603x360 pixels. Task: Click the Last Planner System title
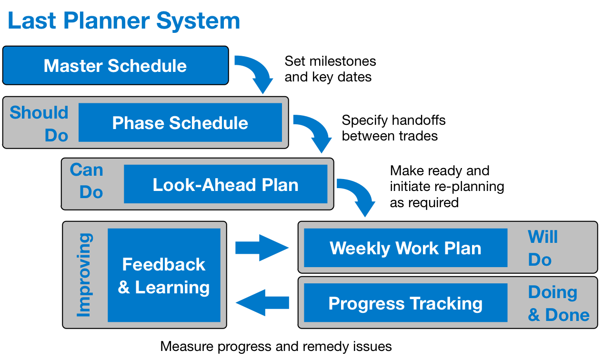click(x=124, y=21)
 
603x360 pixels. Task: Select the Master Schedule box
click(x=115, y=65)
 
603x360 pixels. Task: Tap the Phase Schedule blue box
click(x=180, y=123)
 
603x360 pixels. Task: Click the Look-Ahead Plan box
click(x=225, y=184)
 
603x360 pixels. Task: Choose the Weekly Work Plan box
click(x=405, y=248)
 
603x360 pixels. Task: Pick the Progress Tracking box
click(x=405, y=303)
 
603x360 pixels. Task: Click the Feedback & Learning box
click(x=164, y=275)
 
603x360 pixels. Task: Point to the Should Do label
click(x=40, y=124)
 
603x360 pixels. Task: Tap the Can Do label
click(x=87, y=181)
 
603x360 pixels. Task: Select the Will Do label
click(x=542, y=248)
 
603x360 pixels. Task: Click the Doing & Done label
click(x=558, y=303)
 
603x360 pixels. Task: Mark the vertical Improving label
click(x=84, y=275)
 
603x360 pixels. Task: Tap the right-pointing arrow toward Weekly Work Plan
click(x=262, y=248)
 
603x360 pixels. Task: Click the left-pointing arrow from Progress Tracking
click(x=262, y=302)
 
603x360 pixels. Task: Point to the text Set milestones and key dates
click(x=330, y=69)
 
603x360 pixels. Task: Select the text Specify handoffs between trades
click(x=393, y=128)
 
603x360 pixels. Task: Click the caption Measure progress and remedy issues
click(x=276, y=346)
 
